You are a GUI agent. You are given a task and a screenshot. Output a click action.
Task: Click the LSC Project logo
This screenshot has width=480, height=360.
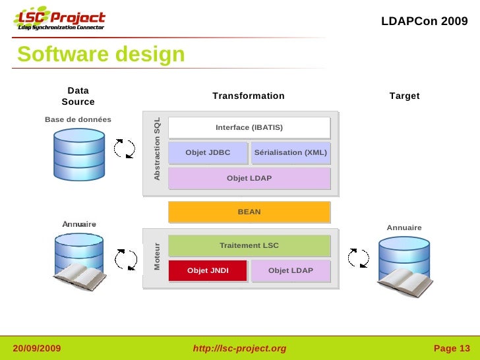(59, 21)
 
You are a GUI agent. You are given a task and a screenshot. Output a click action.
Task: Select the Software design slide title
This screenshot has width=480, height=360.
(101, 55)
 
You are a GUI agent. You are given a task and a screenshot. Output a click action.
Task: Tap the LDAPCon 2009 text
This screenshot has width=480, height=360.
(424, 21)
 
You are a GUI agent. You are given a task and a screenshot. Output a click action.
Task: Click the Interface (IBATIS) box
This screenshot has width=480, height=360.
(249, 127)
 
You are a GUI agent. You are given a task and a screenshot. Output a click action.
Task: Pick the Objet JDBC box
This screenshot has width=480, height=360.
(208, 153)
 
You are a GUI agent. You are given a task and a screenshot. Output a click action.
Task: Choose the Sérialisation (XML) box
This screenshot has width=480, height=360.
(291, 153)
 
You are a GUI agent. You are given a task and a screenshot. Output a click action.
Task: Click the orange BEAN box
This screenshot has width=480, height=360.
(249, 212)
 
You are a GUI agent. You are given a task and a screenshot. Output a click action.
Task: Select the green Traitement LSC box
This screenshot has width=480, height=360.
(249, 245)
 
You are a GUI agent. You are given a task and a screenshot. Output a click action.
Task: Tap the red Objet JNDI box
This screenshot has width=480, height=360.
(208, 270)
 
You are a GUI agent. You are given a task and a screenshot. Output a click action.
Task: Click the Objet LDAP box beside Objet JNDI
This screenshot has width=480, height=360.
(291, 270)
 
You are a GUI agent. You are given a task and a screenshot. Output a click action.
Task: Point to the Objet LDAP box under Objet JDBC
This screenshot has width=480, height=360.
(249, 178)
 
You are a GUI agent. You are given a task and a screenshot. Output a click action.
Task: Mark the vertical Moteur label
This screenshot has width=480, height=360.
(157, 258)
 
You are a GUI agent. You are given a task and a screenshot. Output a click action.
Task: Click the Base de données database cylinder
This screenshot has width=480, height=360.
(79, 154)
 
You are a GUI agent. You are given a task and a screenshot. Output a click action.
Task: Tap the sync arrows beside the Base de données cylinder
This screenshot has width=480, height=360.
(125, 148)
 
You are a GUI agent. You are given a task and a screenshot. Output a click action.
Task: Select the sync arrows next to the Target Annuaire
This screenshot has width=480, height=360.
(359, 258)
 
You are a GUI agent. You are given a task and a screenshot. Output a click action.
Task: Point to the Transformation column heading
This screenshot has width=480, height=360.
(249, 96)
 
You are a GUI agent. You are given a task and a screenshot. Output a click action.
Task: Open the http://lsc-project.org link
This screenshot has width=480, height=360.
(239, 348)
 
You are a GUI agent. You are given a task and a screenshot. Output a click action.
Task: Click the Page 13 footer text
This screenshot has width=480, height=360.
(452, 348)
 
